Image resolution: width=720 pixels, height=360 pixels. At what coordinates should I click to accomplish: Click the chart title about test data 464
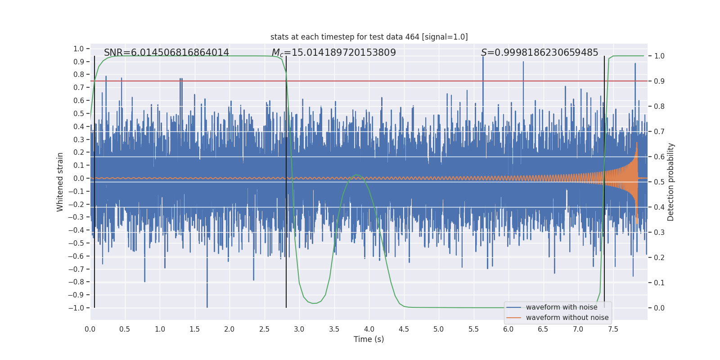[369, 37]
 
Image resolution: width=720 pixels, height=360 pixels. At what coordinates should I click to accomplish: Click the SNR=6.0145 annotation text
[166, 53]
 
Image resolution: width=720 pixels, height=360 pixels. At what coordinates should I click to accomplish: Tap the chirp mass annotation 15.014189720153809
[333, 53]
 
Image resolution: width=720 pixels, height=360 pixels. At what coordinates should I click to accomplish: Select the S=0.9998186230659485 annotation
[540, 53]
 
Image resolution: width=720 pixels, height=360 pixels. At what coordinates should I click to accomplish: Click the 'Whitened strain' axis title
[60, 182]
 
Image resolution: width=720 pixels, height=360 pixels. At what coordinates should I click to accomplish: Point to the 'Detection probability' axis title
[671, 182]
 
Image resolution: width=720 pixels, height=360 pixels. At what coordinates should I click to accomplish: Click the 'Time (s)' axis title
[369, 339]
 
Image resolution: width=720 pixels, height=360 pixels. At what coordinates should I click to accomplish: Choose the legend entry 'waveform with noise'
[561, 307]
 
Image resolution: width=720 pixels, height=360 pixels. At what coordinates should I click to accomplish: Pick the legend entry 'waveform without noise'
[567, 318]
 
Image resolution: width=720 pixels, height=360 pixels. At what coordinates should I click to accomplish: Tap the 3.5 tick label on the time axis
[334, 329]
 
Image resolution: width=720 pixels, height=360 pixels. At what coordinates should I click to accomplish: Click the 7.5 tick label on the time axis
[612, 329]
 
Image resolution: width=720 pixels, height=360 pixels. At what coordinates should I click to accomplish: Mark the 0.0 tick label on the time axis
[90, 329]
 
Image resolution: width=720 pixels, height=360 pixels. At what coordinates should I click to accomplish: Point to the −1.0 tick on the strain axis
[76, 308]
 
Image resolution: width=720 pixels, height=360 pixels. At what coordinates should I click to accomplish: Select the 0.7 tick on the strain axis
[79, 87]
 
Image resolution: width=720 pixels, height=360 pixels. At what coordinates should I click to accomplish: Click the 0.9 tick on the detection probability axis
[659, 81]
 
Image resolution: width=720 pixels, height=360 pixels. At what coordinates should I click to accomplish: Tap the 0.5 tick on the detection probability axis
[659, 182]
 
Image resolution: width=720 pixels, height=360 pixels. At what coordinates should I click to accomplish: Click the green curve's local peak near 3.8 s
[356, 175]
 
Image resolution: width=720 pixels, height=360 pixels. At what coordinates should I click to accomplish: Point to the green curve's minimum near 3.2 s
[314, 303]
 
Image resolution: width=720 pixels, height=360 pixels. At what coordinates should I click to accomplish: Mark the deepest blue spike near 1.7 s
[207, 307]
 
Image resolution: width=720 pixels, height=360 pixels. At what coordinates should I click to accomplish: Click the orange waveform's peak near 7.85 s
[637, 143]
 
